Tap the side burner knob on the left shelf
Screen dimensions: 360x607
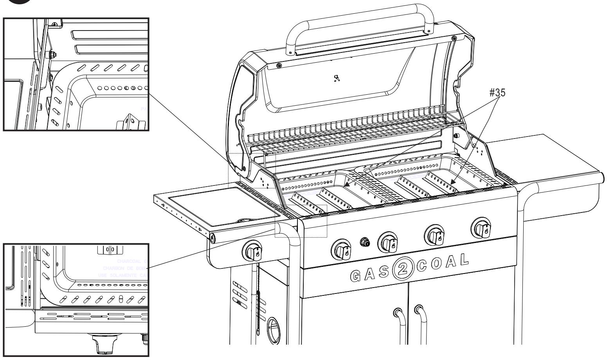coord(254,252)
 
